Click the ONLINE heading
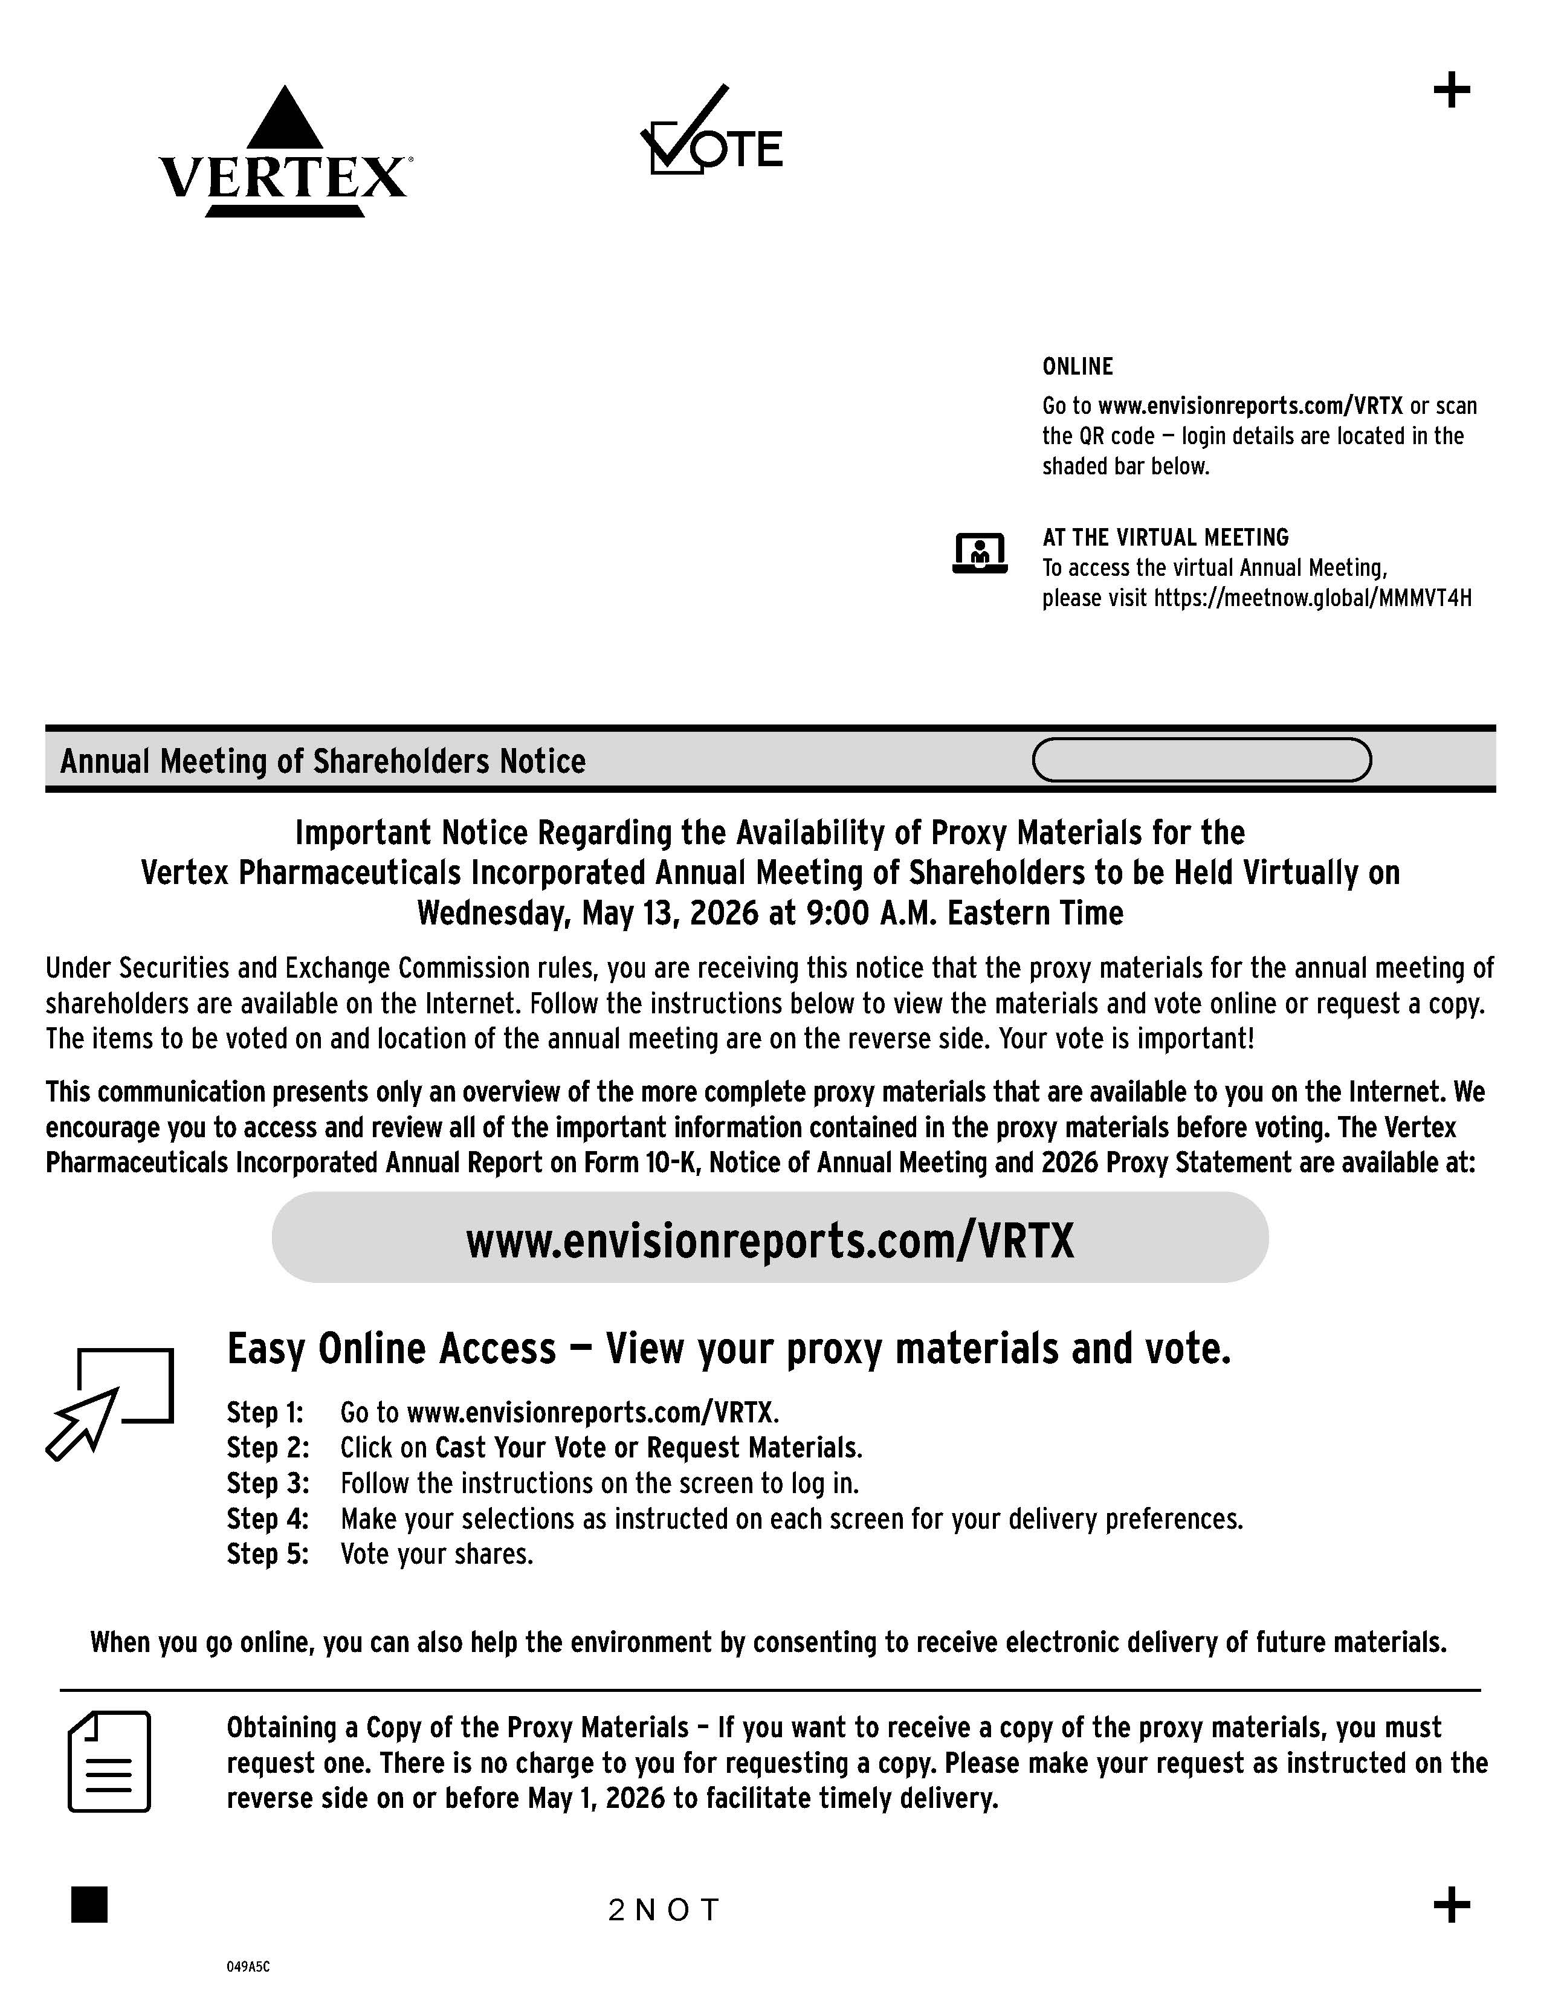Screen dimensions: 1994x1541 click(1077, 366)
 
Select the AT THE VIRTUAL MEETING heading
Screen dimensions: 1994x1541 click(1165, 537)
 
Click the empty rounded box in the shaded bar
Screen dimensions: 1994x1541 click(1201, 760)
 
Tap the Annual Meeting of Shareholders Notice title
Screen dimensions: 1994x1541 click(322, 761)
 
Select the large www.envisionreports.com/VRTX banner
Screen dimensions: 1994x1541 click(769, 1239)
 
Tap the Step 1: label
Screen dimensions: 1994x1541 click(265, 1413)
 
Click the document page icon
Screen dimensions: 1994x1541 click(109, 1761)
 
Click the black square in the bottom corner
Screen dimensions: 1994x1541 click(89, 1905)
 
